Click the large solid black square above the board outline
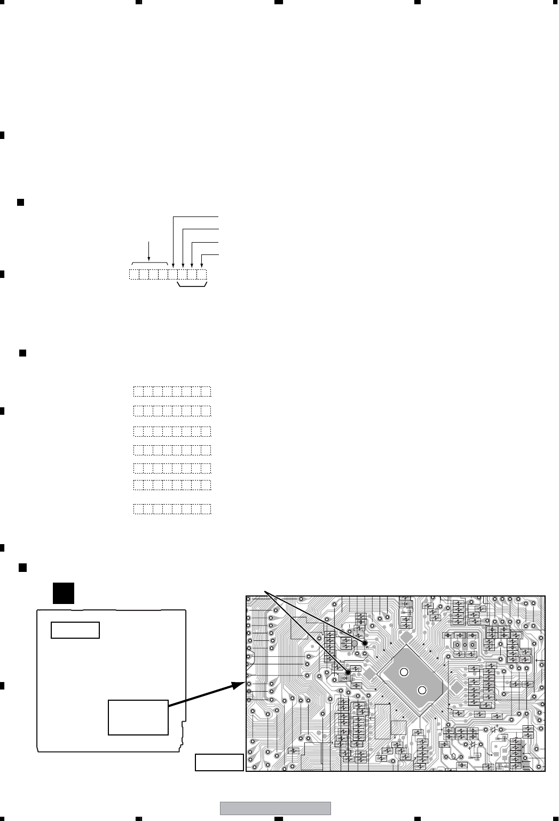coord(63,594)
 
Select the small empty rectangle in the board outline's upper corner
coord(75,630)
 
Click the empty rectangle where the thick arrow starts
coord(138,717)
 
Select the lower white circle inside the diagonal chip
coord(422,690)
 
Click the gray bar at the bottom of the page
coord(275,808)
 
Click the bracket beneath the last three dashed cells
coord(192,287)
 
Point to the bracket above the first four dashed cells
coord(149,263)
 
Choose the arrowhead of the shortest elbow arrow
coord(202,265)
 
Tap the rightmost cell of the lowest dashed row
coord(207,509)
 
